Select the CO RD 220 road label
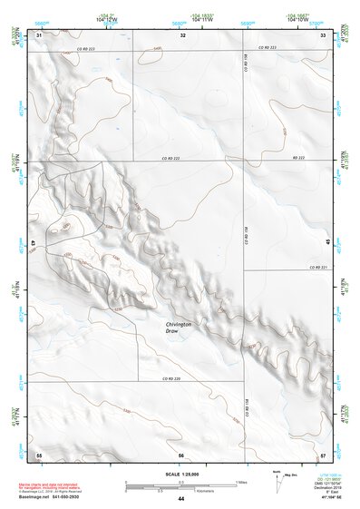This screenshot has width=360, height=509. pos(172,378)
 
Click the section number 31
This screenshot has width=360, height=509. pos(39,34)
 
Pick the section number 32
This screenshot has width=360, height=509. pos(183,34)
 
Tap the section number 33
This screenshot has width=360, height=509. pos(323,34)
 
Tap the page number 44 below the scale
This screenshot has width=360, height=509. pos(181,499)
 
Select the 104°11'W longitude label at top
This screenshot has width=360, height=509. pos(180,18)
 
